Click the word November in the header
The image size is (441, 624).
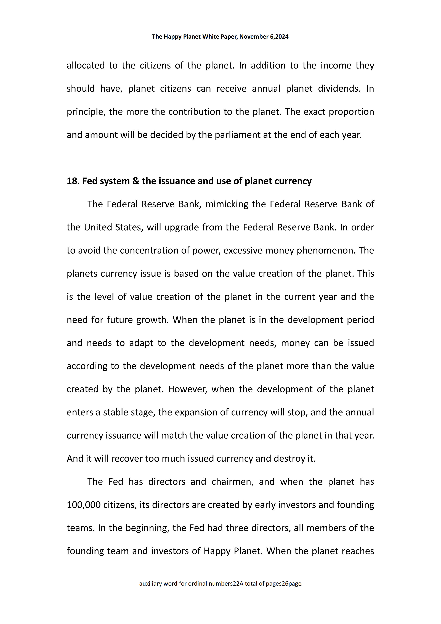(254, 37)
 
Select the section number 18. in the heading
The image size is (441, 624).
(73, 181)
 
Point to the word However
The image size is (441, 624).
(187, 389)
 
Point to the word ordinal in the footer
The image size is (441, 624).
(198, 583)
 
